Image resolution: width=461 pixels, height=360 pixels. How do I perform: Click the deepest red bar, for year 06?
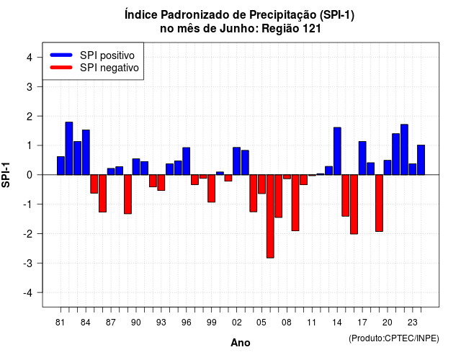click(x=270, y=216)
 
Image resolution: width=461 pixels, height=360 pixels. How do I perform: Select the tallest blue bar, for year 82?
click(x=69, y=148)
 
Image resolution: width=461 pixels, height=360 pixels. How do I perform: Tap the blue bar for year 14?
click(x=337, y=151)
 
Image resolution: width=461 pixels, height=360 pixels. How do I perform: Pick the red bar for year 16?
click(x=354, y=204)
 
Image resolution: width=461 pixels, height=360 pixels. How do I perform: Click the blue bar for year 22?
click(x=404, y=150)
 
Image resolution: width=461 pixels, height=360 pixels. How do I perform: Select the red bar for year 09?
click(x=295, y=203)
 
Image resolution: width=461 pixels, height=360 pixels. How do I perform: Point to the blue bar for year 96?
click(x=187, y=161)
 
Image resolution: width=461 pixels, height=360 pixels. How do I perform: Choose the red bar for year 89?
click(x=128, y=194)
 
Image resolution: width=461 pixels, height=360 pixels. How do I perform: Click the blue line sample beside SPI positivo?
click(x=61, y=55)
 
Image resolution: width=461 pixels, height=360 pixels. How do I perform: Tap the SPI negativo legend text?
click(x=109, y=68)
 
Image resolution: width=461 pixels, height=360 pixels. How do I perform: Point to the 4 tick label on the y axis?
click(x=30, y=58)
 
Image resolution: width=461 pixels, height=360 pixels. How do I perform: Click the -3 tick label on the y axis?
click(x=28, y=264)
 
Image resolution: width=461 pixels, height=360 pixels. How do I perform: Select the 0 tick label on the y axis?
click(x=30, y=175)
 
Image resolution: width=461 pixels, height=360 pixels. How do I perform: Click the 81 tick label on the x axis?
click(x=60, y=323)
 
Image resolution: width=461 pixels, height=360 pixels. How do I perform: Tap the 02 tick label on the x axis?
click(x=237, y=323)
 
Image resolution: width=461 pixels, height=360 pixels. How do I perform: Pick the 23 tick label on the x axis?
click(x=413, y=323)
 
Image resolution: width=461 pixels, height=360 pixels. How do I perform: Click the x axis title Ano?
click(x=241, y=343)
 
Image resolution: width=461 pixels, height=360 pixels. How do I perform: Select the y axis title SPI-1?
click(x=6, y=175)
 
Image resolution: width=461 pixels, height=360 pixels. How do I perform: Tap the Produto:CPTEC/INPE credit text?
click(x=394, y=338)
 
